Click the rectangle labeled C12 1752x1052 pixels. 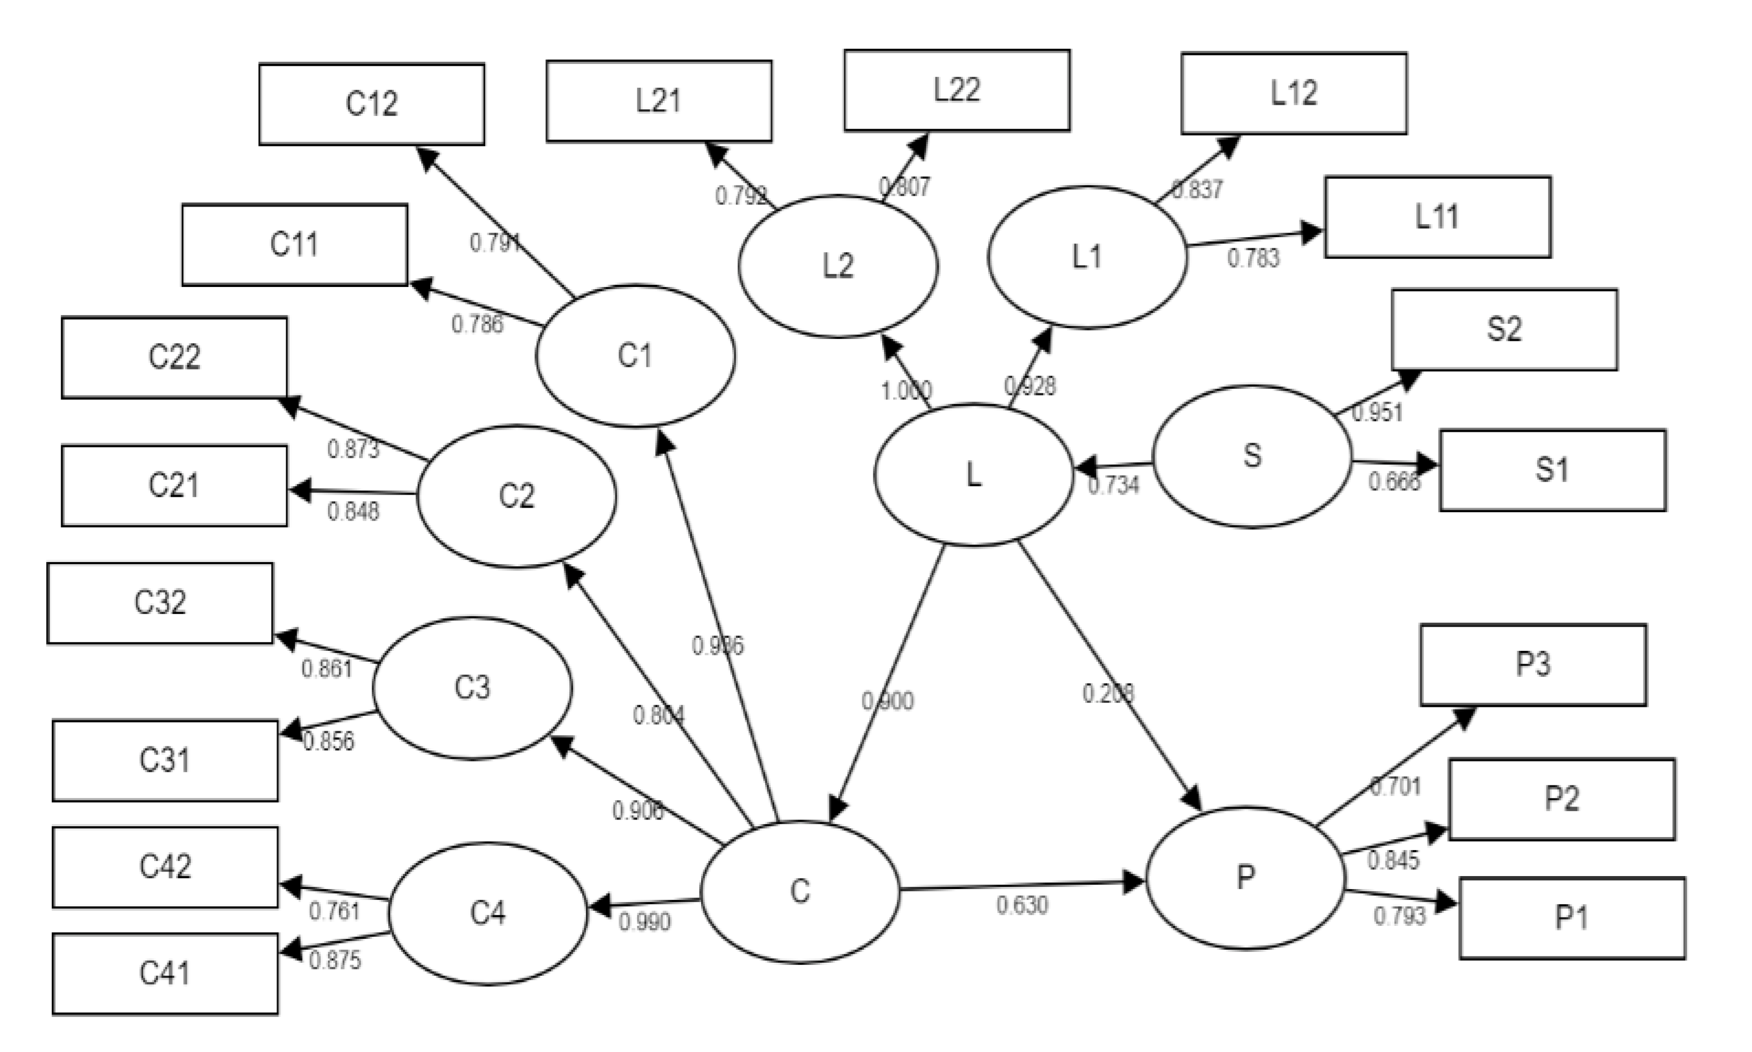point(372,104)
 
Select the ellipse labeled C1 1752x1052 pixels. point(635,356)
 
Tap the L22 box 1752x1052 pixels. point(957,90)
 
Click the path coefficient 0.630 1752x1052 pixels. point(1021,905)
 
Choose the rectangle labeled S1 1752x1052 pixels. point(1552,470)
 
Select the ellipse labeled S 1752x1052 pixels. point(1252,456)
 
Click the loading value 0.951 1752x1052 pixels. point(1377,413)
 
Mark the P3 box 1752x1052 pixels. point(1533,665)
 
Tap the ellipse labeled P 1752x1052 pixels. point(1245,878)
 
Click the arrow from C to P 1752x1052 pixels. point(1021,885)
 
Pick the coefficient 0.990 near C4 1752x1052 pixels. point(644,922)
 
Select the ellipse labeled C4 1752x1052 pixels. point(488,913)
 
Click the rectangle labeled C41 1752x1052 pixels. point(165,973)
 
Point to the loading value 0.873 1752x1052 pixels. point(353,449)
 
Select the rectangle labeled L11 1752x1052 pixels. point(1438,217)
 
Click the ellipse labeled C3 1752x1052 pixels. point(472,688)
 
